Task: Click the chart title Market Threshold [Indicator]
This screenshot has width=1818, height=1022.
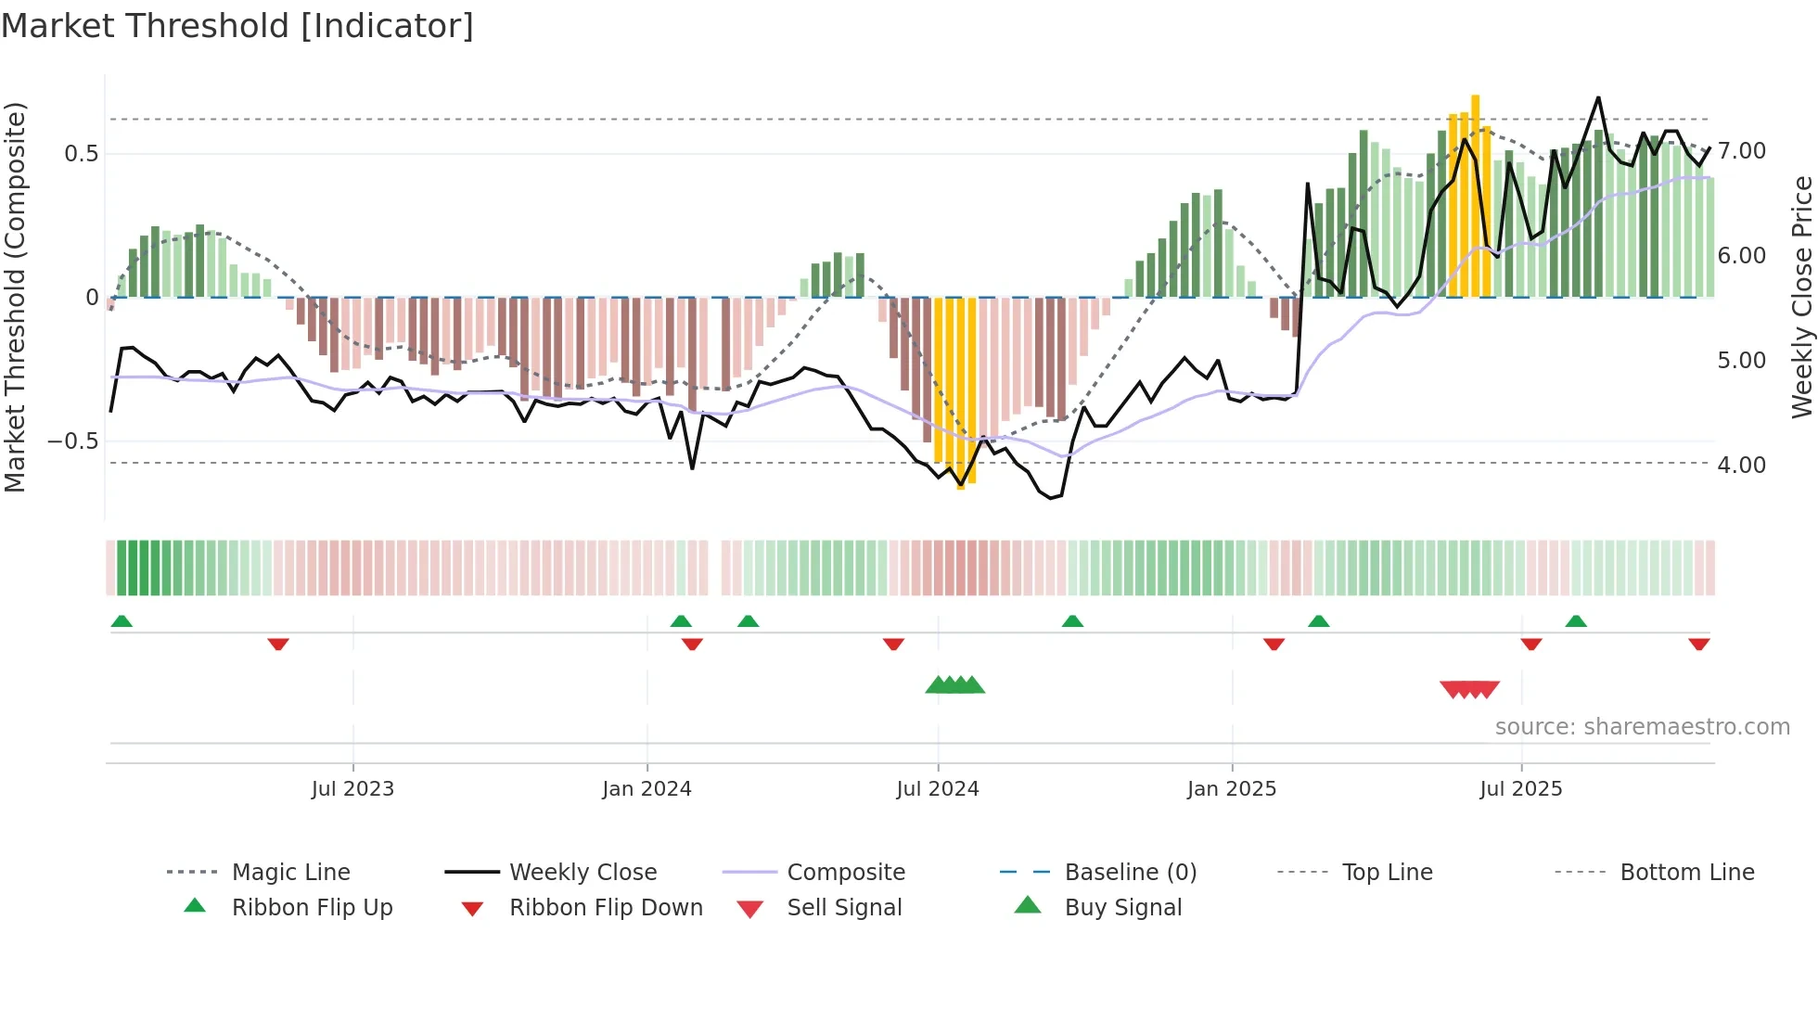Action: [x=237, y=26]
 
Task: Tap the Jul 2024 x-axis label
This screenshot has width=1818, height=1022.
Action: [x=937, y=789]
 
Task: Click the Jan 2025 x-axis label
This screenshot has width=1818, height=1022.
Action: [x=1231, y=789]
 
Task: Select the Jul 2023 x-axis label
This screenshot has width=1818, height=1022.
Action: [x=352, y=789]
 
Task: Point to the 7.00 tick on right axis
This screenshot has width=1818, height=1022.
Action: [x=1741, y=151]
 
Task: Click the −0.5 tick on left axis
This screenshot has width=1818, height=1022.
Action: [x=72, y=441]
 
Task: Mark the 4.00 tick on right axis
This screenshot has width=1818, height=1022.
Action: [x=1741, y=466]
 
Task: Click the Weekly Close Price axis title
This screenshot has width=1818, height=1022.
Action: [x=1801, y=297]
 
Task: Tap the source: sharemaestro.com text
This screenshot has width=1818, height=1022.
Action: [x=1642, y=727]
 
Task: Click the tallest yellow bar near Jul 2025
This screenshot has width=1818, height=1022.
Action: [x=1475, y=195]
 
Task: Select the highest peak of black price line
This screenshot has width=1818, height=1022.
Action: [x=1598, y=97]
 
